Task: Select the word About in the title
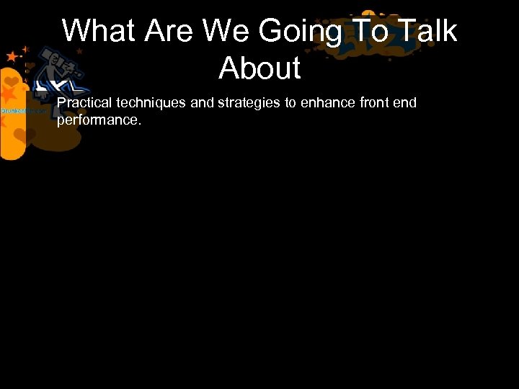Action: pos(259,68)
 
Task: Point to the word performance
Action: pos(99,120)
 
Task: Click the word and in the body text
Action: pos(203,103)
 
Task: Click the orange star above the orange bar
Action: pos(12,56)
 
